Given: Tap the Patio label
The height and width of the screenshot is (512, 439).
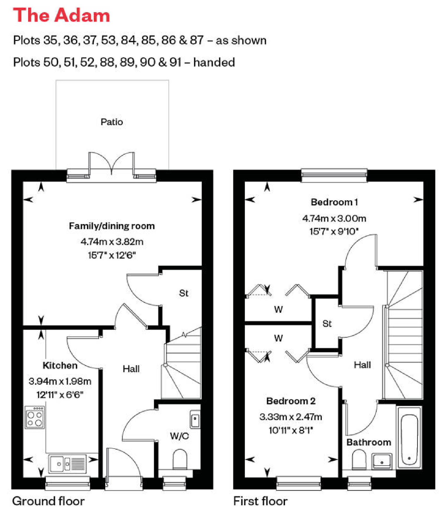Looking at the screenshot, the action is [x=112, y=122].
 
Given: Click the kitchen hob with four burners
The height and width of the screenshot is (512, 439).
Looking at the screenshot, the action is [x=35, y=417].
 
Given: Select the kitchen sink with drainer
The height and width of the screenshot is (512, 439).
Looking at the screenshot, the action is [x=67, y=464].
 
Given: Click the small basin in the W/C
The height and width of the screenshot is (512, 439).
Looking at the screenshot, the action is [x=195, y=419].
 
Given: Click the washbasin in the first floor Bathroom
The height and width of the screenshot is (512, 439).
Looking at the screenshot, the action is [x=382, y=461].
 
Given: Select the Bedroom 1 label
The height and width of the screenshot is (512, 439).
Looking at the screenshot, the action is [x=334, y=202].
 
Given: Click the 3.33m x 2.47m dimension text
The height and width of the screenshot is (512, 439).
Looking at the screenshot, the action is [x=291, y=417].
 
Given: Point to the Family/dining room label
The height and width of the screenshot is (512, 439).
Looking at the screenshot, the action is [x=112, y=226].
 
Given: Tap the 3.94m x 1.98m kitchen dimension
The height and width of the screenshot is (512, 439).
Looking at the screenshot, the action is [x=60, y=381].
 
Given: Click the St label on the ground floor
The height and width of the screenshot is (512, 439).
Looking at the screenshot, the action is [x=184, y=293].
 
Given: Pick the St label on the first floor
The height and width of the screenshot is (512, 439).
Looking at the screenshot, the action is [x=327, y=324].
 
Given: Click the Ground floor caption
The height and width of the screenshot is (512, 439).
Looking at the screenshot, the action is [x=48, y=501].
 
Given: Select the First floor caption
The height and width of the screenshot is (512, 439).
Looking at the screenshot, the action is [x=260, y=501].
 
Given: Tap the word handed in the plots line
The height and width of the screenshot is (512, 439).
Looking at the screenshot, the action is [x=214, y=62].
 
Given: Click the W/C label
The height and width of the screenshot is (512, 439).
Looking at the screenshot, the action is [x=180, y=436].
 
